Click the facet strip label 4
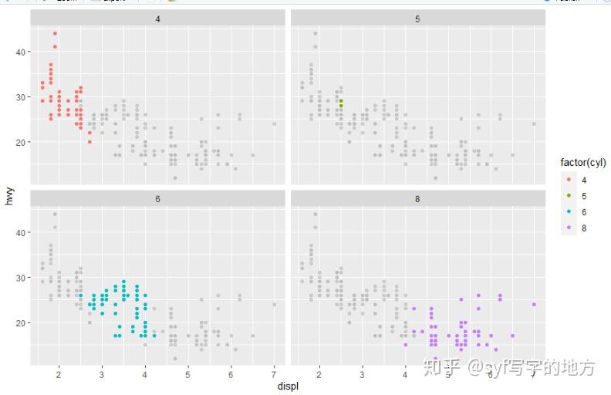pos(157,17)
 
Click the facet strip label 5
pos(417,17)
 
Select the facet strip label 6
pos(157,198)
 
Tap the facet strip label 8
pos(417,198)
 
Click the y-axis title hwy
pos(9,197)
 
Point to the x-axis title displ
pos(288,386)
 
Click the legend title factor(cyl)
pos(583,163)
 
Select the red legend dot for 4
pos(569,180)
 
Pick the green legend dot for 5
pos(569,196)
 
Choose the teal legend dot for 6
pos(569,212)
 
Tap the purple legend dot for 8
pos(569,228)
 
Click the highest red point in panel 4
pos(55,33)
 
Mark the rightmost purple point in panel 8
pos(534,304)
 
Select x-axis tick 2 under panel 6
pos(59,374)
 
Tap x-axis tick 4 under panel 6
pos(145,374)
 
